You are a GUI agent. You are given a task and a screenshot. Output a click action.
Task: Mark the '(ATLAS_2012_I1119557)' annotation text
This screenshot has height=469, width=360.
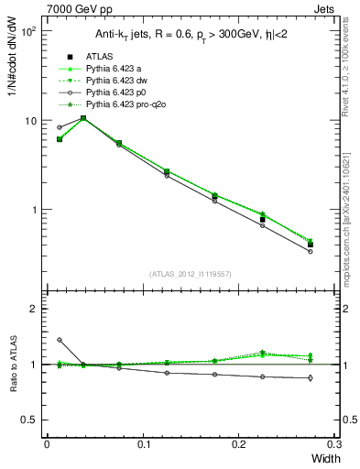pos(190,273)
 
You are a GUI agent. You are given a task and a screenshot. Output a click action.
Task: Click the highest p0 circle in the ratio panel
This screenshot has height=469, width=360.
pos(60,340)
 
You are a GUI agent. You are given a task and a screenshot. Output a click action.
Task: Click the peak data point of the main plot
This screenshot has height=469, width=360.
pos(83,118)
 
